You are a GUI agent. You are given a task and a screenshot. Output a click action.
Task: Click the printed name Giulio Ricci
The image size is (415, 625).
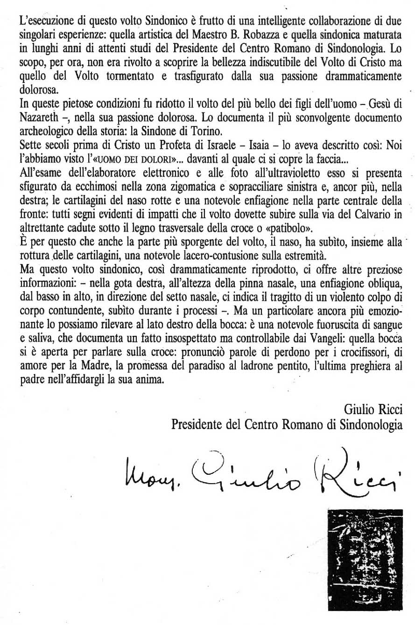[373, 410]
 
